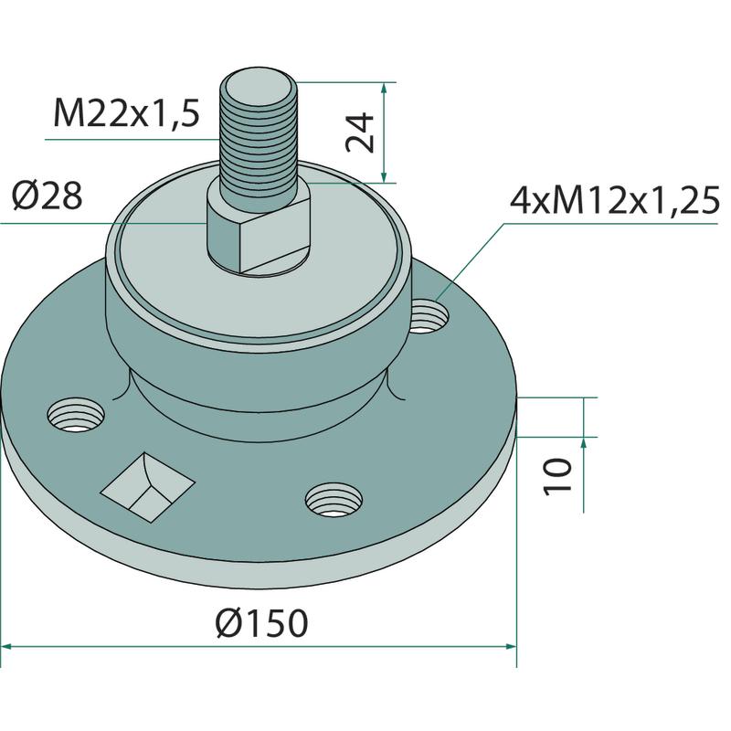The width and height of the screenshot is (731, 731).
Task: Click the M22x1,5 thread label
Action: [127, 113]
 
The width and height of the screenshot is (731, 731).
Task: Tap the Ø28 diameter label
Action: [48, 196]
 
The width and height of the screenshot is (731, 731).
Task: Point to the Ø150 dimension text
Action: [262, 623]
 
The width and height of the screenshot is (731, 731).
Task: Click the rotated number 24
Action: [360, 132]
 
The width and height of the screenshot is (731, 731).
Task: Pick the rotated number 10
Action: [557, 476]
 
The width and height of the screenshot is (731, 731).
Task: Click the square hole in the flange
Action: [147, 487]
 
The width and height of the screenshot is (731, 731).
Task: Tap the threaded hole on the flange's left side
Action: [76, 414]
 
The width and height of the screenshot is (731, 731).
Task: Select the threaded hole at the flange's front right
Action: [334, 500]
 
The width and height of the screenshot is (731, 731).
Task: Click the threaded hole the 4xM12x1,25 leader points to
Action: [429, 317]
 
